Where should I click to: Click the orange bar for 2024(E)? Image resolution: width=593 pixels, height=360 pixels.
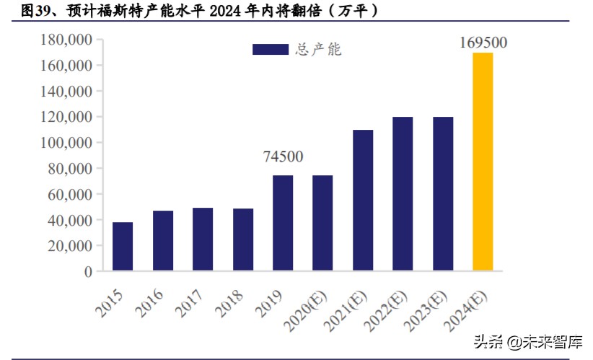[483, 162]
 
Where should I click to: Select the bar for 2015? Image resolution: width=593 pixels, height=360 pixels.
[123, 247]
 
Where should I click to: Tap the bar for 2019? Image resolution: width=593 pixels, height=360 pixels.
[283, 223]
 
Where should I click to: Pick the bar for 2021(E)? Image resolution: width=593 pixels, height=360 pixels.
[363, 201]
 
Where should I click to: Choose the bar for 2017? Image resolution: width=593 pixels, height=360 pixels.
[203, 240]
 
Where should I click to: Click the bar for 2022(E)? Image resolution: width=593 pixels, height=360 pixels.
[403, 194]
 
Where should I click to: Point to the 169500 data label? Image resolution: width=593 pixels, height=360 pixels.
[483, 43]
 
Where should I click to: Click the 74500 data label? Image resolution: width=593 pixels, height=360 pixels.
[283, 157]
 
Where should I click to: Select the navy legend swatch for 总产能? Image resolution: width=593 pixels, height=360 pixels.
[271, 50]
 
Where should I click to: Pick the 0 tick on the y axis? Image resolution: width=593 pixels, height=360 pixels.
[88, 272]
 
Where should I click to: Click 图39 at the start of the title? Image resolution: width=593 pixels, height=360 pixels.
[37, 12]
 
